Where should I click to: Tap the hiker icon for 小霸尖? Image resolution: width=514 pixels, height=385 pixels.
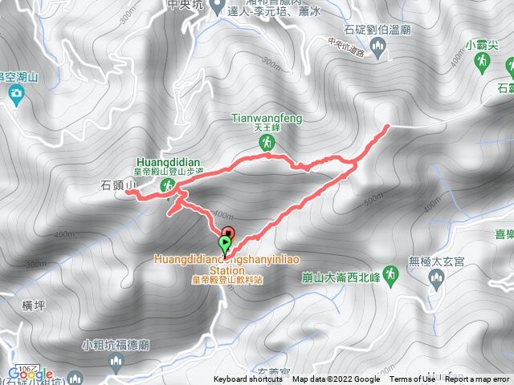(x=483, y=66)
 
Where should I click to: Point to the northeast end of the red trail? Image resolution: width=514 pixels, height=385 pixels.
(x=387, y=126)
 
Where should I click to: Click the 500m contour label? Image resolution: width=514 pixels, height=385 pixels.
(x=374, y=201)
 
